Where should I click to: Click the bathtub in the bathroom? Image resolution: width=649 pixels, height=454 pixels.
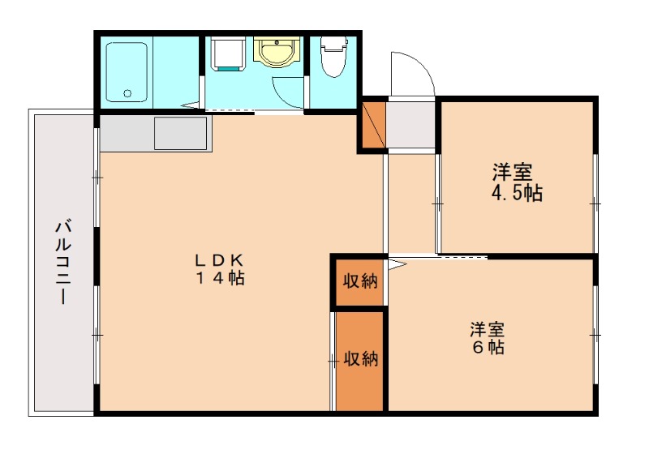(x=127, y=71)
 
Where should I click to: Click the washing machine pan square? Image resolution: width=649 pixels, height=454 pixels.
(x=226, y=55)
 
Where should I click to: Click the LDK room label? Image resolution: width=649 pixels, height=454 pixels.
(x=218, y=260)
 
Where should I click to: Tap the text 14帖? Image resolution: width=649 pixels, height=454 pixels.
(x=218, y=278)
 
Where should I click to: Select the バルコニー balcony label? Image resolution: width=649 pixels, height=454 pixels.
(x=62, y=260)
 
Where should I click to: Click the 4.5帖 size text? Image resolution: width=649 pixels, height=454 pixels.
(x=516, y=194)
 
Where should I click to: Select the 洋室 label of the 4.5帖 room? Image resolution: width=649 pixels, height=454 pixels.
(x=513, y=172)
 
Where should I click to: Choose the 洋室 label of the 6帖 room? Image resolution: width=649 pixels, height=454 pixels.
(x=488, y=329)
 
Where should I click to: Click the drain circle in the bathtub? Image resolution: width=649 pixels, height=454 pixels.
(x=127, y=93)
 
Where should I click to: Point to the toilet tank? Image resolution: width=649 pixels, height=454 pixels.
(x=333, y=42)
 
